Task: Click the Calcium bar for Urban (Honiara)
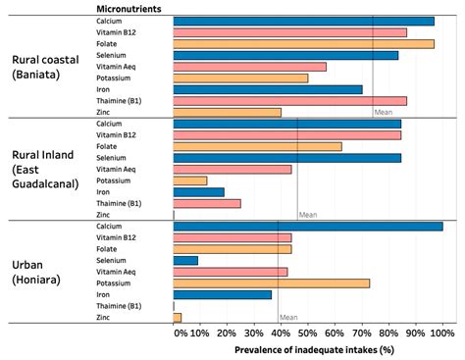307,226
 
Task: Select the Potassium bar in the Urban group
271,283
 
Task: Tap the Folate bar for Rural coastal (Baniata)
303,43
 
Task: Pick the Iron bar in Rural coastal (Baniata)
267,89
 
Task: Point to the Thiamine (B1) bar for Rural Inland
206,203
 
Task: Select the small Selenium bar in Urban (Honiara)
185,260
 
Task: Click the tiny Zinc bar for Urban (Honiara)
178,317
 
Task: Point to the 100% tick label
442,334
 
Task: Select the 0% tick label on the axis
180,334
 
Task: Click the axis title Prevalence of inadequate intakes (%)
313,349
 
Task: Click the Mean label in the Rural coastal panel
384,112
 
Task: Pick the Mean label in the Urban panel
288,317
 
